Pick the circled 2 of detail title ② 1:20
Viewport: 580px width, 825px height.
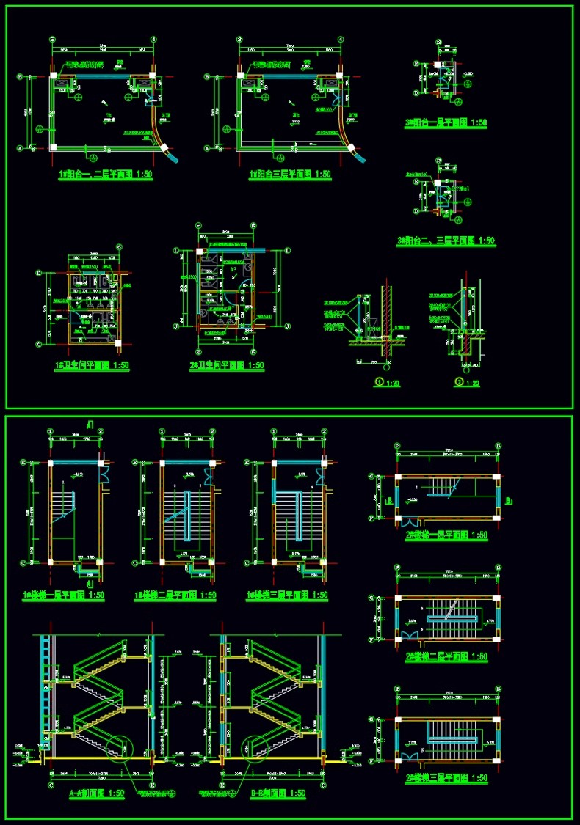point(459,382)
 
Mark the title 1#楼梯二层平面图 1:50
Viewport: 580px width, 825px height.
point(175,596)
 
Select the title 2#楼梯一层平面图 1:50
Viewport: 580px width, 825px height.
point(446,535)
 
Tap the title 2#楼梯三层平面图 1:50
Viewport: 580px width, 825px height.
point(446,778)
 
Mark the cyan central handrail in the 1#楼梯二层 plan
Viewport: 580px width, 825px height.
point(186,521)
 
